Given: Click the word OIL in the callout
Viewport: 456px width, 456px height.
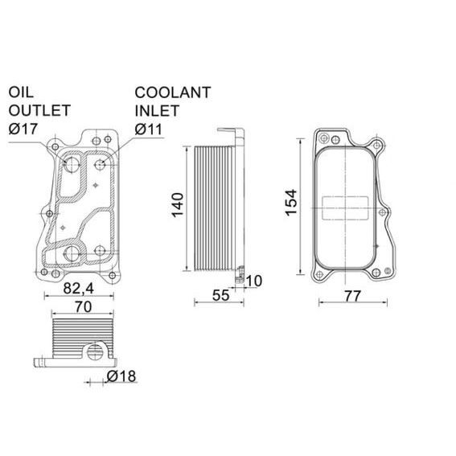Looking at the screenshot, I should pos(21,92).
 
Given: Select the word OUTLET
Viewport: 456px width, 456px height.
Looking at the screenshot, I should pos(39,109).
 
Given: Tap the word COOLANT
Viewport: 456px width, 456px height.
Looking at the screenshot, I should pos(172,92).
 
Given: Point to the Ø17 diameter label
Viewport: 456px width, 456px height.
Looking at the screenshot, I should pos(25,128).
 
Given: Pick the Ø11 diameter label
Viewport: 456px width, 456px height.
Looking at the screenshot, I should pos(150,128).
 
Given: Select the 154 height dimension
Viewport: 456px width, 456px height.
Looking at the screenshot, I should pos(291,202).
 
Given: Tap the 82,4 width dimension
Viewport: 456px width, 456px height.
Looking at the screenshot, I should pos(80,287).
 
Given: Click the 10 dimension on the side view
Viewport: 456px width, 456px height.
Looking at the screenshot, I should pos(255,280).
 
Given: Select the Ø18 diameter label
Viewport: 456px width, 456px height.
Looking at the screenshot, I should pos(121,376).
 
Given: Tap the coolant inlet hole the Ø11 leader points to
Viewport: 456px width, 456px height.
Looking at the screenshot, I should pos(101,165).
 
